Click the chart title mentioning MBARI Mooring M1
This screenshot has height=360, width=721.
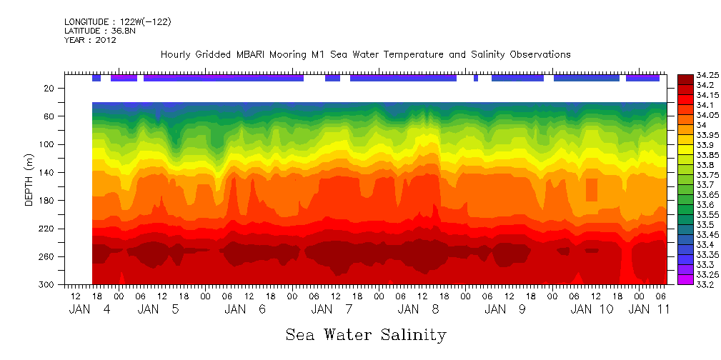tap(365, 54)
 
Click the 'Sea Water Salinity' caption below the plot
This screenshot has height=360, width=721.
tap(366, 334)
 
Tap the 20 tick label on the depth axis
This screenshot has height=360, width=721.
tap(50, 89)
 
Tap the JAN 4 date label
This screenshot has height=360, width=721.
tap(89, 309)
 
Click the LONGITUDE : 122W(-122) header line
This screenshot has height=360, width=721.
tap(117, 22)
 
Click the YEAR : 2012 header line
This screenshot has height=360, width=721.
tap(90, 40)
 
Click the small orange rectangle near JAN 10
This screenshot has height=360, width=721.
tap(591, 190)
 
